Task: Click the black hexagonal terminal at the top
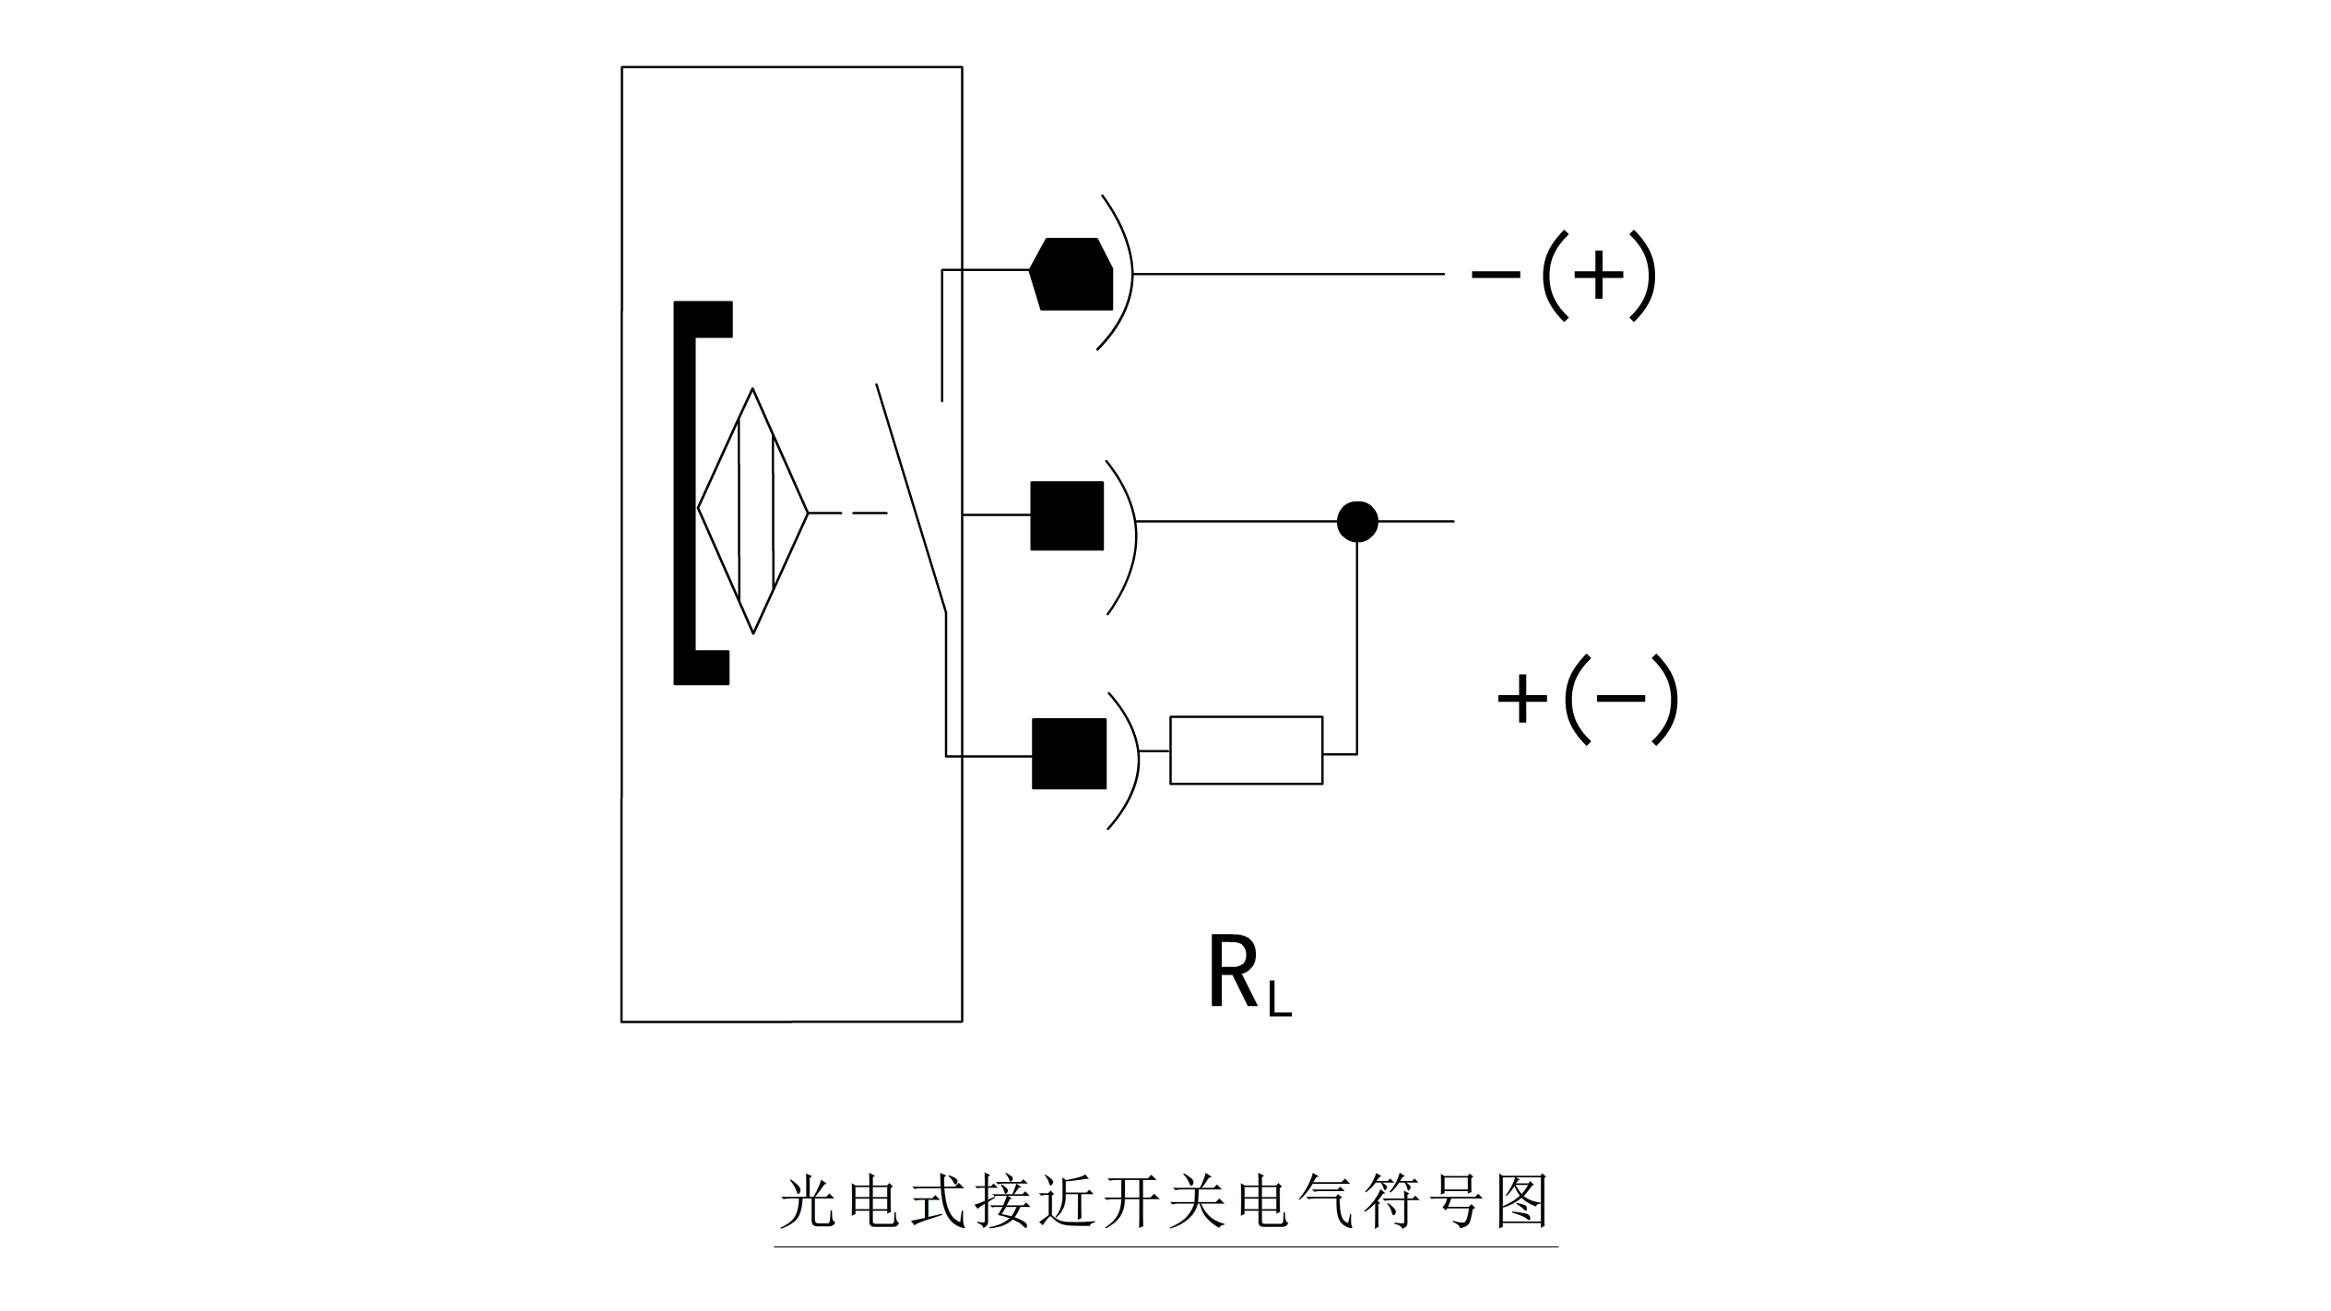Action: [1071, 274]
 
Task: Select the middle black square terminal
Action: [1067, 515]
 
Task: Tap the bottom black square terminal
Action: [1069, 753]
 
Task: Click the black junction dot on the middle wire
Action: [1357, 522]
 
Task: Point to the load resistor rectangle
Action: [1247, 750]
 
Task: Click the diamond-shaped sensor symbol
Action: [753, 511]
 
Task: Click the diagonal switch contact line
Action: [911, 498]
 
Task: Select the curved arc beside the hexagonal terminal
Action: [1121, 273]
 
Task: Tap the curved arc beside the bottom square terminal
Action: [1130, 761]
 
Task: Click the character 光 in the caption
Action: [808, 1200]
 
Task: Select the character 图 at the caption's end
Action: [1522, 1200]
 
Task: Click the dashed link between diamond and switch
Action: [848, 513]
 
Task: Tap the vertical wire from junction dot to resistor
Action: [1357, 645]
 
